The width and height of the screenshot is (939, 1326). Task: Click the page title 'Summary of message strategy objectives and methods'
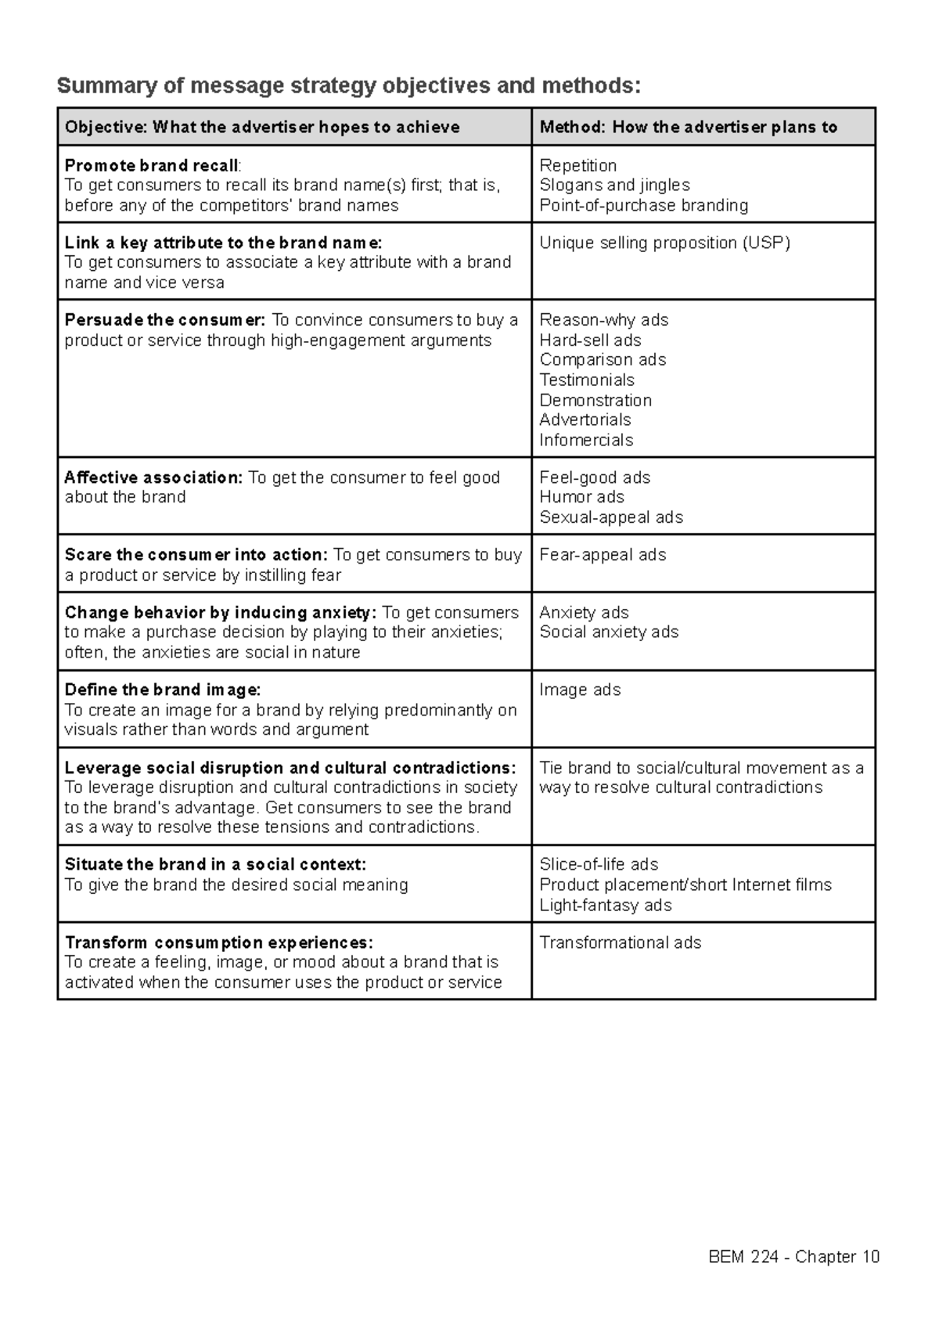pyautogui.click(x=348, y=85)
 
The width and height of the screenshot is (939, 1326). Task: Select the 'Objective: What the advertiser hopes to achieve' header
pyautogui.click(x=262, y=127)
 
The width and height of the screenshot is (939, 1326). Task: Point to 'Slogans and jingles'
pyautogui.click(x=614, y=186)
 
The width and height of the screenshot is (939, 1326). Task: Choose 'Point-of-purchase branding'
pyautogui.click(x=643, y=205)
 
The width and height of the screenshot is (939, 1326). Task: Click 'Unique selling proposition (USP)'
pyautogui.click(x=664, y=243)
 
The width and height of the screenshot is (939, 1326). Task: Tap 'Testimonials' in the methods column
pyautogui.click(x=586, y=380)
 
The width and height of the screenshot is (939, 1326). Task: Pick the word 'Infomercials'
pyautogui.click(x=586, y=440)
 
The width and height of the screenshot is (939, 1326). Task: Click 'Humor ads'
pyautogui.click(x=581, y=497)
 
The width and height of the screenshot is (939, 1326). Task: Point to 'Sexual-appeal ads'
pyautogui.click(x=611, y=517)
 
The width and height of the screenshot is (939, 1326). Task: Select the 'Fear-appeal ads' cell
pyautogui.click(x=603, y=555)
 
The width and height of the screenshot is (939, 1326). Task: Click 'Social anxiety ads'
pyautogui.click(x=609, y=632)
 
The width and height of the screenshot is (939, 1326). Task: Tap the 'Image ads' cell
pyautogui.click(x=580, y=690)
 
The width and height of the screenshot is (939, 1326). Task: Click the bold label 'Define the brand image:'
pyautogui.click(x=163, y=690)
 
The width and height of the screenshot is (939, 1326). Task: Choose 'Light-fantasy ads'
pyautogui.click(x=605, y=905)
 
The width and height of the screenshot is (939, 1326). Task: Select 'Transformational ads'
pyautogui.click(x=620, y=942)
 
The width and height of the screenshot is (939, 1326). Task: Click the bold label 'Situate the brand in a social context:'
pyautogui.click(x=215, y=864)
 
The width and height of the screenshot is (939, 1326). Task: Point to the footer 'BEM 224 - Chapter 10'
pyautogui.click(x=793, y=1257)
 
